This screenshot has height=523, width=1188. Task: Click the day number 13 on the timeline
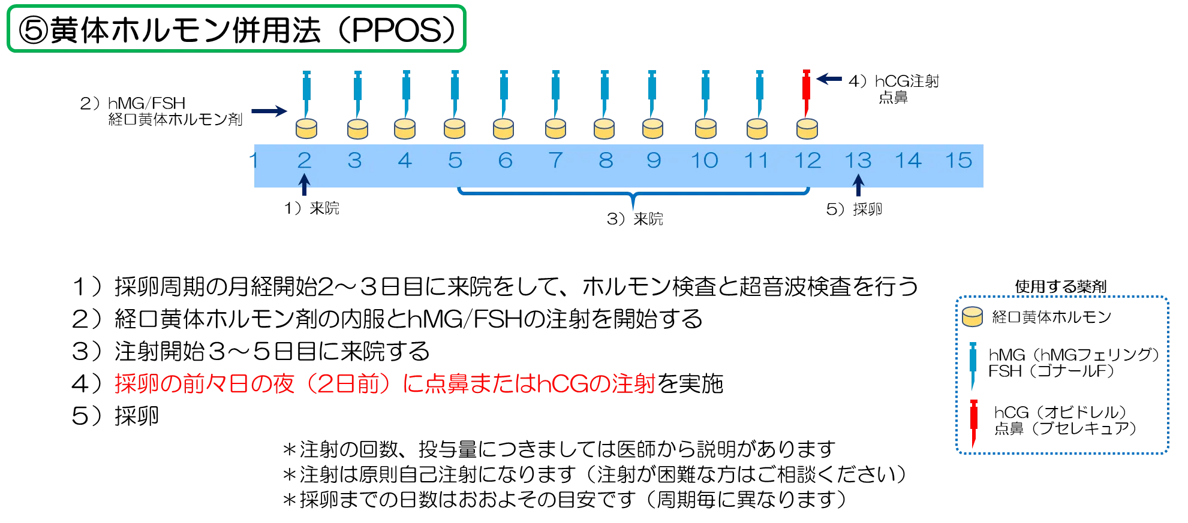tap(858, 161)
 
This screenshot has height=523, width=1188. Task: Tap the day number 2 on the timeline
tap(305, 161)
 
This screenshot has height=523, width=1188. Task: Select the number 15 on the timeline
tap(958, 161)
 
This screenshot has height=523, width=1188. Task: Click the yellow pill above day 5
tap(455, 129)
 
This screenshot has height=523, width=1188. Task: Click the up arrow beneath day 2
tap(305, 185)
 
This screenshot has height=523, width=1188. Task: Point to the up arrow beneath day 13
tap(858, 185)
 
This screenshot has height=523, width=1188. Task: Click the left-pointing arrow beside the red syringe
tap(830, 79)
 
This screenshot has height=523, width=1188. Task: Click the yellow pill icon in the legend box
tap(972, 316)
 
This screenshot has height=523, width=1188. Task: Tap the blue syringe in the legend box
tap(973, 362)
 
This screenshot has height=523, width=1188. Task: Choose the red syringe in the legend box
tap(973, 422)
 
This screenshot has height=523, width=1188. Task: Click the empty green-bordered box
tap(237, 28)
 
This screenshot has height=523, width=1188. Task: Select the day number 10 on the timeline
tap(705, 161)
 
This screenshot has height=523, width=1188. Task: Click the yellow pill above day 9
tap(652, 129)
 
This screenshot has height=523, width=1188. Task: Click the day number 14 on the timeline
tap(908, 161)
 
